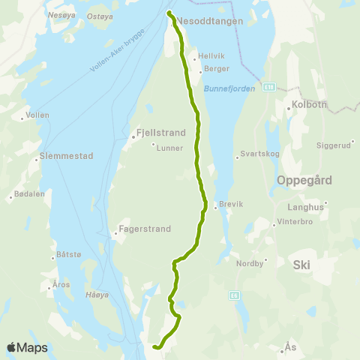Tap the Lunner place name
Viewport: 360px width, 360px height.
tap(169, 148)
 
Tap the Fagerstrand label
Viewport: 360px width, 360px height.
tap(145, 229)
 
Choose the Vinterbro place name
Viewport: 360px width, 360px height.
tap(298, 221)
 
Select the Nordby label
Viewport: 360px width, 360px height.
tap(250, 264)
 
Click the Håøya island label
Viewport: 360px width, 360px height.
tap(97, 295)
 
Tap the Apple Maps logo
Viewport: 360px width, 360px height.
tap(27, 347)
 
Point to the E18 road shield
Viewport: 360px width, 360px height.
tap(269, 87)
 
